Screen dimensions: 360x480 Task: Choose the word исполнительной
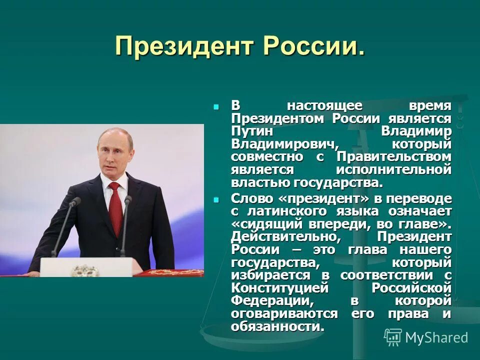click(x=393, y=170)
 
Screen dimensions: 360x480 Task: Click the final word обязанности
click(x=277, y=326)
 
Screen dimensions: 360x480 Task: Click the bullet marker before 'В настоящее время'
click(x=216, y=106)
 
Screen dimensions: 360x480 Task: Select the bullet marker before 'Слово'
click(x=216, y=199)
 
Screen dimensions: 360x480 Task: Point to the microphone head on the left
click(x=75, y=202)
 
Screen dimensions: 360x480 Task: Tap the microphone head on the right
click(x=127, y=199)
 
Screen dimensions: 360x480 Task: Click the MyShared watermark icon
click(x=393, y=337)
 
